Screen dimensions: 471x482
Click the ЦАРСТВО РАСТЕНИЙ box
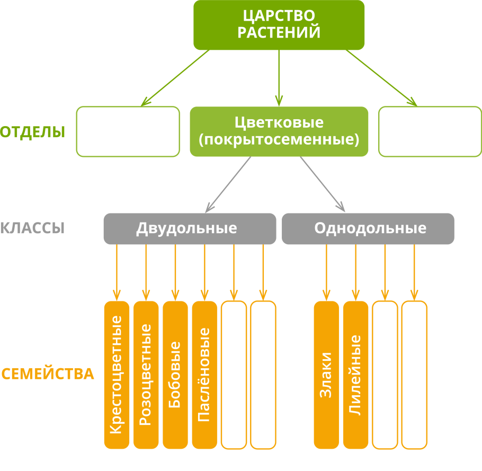279,25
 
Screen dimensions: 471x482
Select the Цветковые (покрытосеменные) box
279,131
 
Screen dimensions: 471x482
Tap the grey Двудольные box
190,228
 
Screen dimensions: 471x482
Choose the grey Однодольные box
368,228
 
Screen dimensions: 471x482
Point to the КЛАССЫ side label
32,228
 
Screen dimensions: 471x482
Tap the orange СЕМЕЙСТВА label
48,374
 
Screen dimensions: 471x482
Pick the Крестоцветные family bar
117,375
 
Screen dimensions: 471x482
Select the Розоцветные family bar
146,375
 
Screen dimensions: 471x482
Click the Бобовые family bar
175,375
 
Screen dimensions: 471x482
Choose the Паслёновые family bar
204,375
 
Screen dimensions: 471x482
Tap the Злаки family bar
326,375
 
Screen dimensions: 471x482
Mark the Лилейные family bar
355,375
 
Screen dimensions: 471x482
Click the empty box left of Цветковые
128,131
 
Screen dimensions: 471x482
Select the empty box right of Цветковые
430,131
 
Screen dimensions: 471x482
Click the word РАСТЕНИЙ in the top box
279,33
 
